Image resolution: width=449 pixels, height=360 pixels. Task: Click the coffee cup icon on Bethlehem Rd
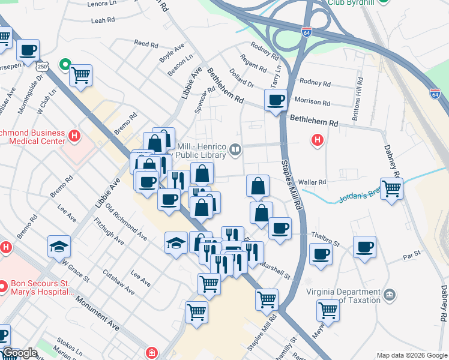(x=276, y=100)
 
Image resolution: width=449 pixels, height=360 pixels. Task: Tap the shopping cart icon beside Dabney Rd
(x=391, y=189)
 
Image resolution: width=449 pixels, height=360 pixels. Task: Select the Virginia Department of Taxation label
(x=344, y=296)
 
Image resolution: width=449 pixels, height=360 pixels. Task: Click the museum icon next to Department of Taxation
(x=390, y=295)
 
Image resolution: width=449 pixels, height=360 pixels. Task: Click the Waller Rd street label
(x=312, y=182)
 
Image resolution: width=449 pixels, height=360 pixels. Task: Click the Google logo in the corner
(x=20, y=353)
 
